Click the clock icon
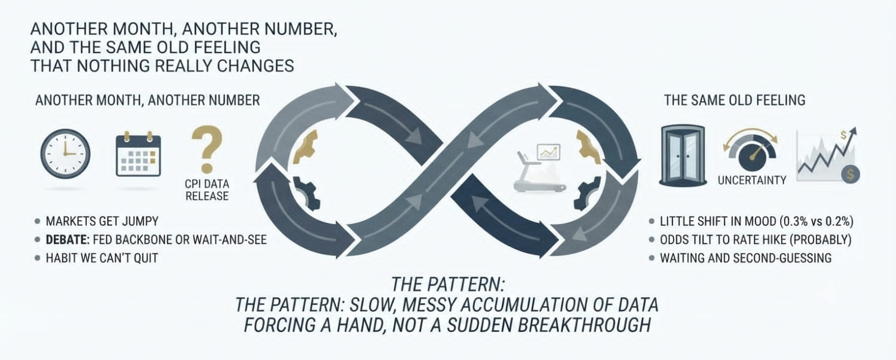click(65, 153)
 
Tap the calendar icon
click(138, 154)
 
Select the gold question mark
click(207, 148)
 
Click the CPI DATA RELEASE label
click(207, 190)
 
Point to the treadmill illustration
click(539, 168)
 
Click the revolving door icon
click(683, 155)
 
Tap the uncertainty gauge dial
click(751, 150)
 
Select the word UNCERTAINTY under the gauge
click(752, 180)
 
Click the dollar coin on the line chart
click(850, 174)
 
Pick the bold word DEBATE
click(68, 240)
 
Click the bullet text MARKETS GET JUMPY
click(102, 221)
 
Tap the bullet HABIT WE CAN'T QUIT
click(102, 258)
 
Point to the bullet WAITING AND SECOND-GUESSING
click(745, 258)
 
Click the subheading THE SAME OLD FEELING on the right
click(735, 100)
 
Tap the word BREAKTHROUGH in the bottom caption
click(585, 325)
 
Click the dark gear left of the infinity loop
click(307, 193)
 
